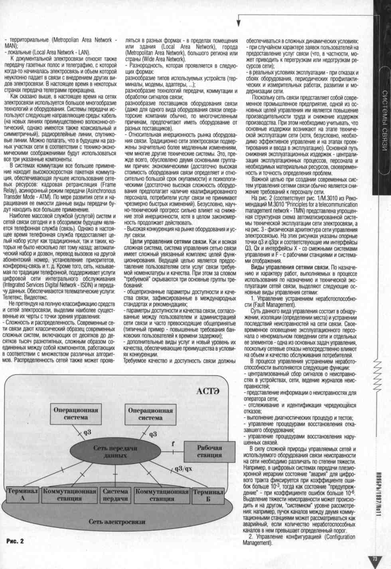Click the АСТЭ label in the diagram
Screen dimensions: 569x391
tap(207, 391)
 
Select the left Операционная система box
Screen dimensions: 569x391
tap(76, 413)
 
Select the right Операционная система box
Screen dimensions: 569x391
tap(150, 414)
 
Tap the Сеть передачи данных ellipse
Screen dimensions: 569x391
tap(115, 451)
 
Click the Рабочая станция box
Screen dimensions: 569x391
tap(209, 451)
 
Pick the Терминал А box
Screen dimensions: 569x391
tap(23, 495)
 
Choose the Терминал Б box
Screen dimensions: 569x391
tap(208, 495)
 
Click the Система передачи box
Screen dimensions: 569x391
tap(115, 495)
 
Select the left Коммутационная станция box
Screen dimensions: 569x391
tap(69, 495)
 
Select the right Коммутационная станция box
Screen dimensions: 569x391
tap(162, 495)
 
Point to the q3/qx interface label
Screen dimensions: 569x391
tap(183, 468)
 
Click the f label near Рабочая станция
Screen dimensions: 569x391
tap(173, 443)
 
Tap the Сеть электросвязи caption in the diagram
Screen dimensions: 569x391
tap(117, 521)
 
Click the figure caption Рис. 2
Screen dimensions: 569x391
tap(15, 541)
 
